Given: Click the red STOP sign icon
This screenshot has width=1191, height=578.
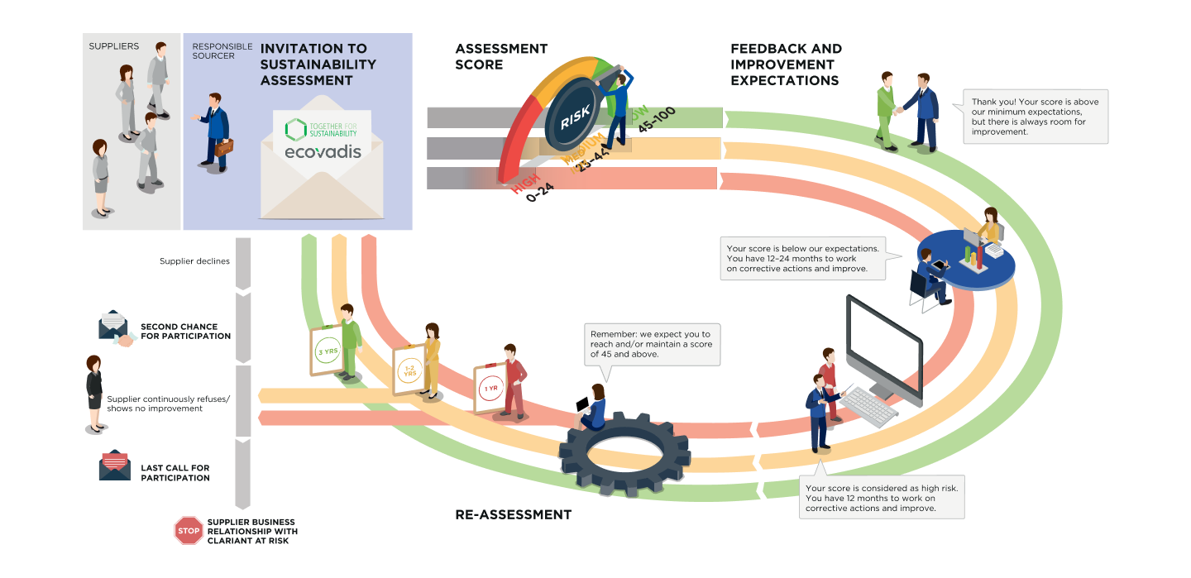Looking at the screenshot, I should click(x=189, y=530).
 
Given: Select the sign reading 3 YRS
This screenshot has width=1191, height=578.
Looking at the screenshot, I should click(x=328, y=351).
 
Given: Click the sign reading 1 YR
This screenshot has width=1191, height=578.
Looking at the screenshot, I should click(x=490, y=389).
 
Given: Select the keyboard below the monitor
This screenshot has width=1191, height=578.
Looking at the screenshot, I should click(x=868, y=405).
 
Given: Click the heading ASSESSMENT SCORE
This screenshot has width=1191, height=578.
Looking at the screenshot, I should click(x=501, y=56).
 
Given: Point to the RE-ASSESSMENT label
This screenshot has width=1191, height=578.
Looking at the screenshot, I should click(x=513, y=514).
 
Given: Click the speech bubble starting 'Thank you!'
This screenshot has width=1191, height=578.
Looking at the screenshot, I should click(x=1035, y=117).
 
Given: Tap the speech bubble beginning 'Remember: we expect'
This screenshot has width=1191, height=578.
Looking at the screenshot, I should click(x=651, y=344).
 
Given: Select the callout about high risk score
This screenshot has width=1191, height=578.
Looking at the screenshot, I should click(x=882, y=498).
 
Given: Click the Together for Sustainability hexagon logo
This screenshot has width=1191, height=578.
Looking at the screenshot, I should click(x=295, y=129).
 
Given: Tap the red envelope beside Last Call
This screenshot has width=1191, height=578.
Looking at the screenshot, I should click(x=114, y=467).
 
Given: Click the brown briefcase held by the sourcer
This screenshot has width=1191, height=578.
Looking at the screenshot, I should click(x=224, y=149).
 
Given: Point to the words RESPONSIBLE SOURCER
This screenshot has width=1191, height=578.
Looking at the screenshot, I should click(x=222, y=51).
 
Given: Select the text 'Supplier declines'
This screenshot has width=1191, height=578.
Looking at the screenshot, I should click(x=194, y=261).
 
